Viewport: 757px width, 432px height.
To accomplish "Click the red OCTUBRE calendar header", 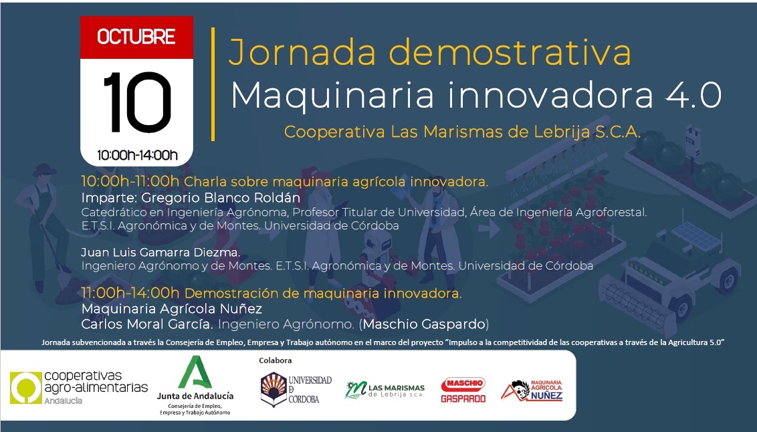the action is (136, 37).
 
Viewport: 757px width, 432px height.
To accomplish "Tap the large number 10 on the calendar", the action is (137, 102).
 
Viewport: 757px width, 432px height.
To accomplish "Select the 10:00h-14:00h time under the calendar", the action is (137, 155).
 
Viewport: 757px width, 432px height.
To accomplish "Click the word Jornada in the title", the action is (302, 53).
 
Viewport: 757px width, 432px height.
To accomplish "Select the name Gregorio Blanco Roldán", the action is (221, 197).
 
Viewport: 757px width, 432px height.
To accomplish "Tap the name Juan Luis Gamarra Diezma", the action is (160, 252).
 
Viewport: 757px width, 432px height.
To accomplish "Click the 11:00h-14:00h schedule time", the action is (130, 293).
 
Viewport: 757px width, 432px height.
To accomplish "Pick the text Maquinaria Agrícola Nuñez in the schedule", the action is (172, 309).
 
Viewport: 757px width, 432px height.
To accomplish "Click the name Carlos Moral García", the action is (147, 324).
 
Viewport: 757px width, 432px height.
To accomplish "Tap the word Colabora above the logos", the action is (276, 360).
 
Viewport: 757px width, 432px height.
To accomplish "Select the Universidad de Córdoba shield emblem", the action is (274, 390).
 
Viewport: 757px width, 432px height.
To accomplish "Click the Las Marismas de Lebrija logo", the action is (385, 389).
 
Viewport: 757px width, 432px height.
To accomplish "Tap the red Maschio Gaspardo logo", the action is (463, 390).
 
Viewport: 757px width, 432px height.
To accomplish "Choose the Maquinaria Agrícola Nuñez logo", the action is (532, 391).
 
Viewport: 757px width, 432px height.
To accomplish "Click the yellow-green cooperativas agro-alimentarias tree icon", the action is (26, 387).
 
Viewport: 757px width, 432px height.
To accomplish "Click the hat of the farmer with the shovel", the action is (44, 169).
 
